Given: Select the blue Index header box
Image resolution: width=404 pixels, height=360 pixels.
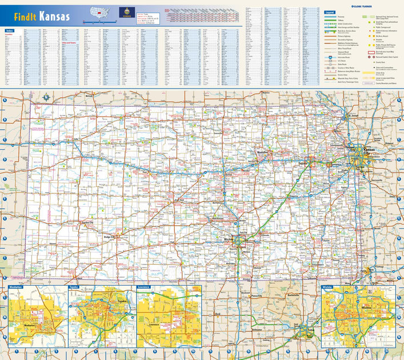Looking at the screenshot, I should (x=9, y=30).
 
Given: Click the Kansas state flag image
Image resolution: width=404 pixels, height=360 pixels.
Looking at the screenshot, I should (x=125, y=11).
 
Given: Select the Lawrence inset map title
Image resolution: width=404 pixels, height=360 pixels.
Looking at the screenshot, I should (x=143, y=287).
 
